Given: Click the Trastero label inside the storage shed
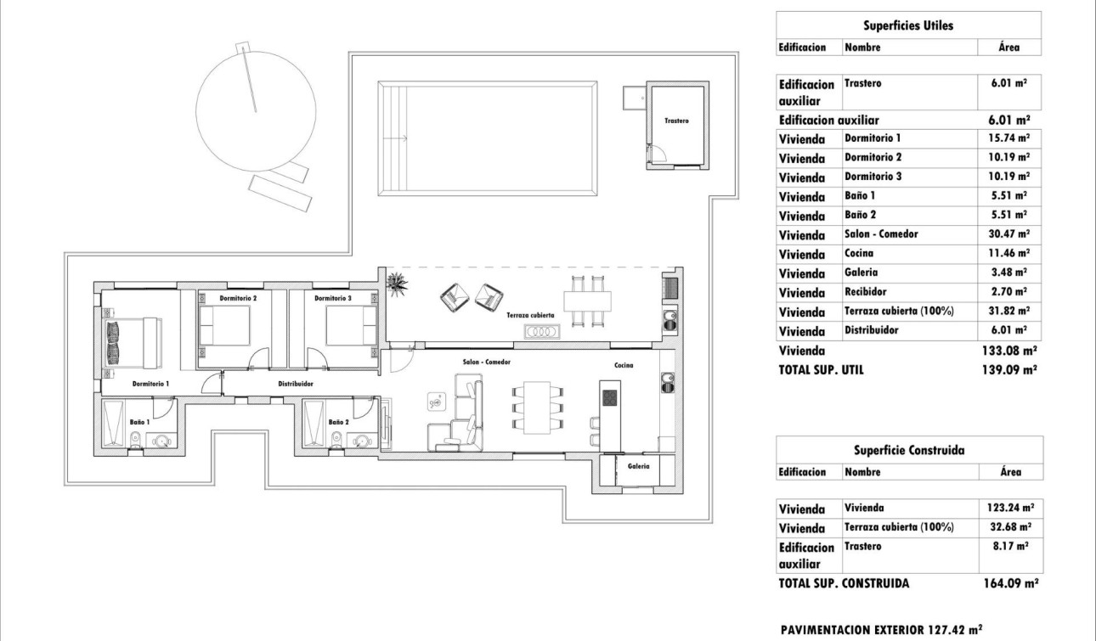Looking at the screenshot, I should [676, 121].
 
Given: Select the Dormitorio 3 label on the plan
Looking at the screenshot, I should [332, 299].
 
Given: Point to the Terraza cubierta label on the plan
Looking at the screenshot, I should [530, 315].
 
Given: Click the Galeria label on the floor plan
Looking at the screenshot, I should [638, 466].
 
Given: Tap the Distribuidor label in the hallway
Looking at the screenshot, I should [296, 384].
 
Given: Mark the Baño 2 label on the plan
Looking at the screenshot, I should [338, 421].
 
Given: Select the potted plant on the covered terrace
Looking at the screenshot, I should [396, 283].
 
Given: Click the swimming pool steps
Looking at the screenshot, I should [392, 136].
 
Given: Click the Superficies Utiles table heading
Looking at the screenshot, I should [907, 25].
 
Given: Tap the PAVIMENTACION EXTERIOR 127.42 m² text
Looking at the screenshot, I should [881, 630].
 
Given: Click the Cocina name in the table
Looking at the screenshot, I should [861, 254].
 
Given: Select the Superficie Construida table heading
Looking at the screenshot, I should [907, 450].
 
